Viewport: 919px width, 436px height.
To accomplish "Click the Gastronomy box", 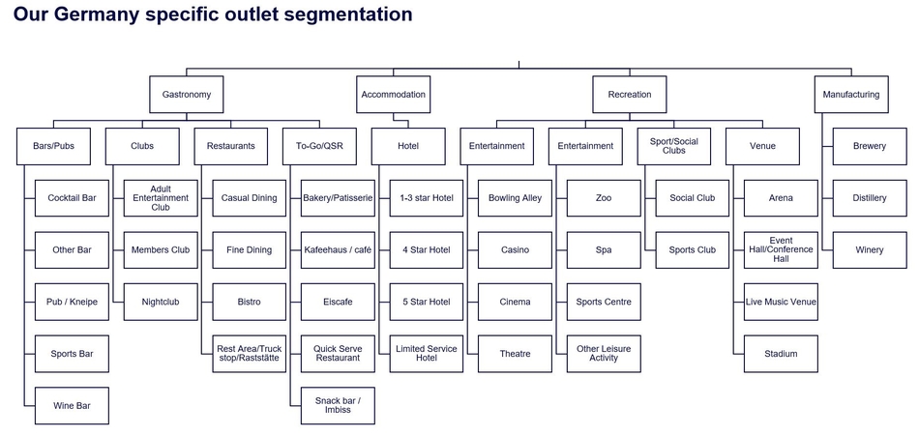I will (x=187, y=95).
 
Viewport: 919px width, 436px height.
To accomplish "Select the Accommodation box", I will (x=393, y=95).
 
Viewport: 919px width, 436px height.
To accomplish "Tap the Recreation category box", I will (x=630, y=95).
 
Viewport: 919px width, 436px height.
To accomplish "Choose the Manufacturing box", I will (x=850, y=95).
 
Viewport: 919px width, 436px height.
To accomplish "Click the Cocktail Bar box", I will (x=72, y=198).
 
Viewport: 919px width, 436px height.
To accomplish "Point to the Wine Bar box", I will (x=72, y=406).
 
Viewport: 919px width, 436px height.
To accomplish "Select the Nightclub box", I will (x=160, y=302).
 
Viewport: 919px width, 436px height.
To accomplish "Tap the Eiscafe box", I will (x=338, y=302).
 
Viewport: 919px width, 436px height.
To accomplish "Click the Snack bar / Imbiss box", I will (x=338, y=406).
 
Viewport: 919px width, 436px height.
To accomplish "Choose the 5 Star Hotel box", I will (x=427, y=302).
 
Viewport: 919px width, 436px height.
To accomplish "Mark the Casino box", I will (x=516, y=250).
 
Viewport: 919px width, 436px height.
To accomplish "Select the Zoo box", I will (x=604, y=198).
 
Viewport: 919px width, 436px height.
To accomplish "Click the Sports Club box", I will (x=693, y=250).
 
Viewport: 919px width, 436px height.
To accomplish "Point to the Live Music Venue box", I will (x=781, y=302).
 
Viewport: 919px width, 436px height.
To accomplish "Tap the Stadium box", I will (x=781, y=354).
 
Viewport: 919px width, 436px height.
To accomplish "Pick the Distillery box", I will (x=870, y=198).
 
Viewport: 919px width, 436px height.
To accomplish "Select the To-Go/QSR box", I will (x=319, y=146).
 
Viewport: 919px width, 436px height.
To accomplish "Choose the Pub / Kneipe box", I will (x=72, y=302).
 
